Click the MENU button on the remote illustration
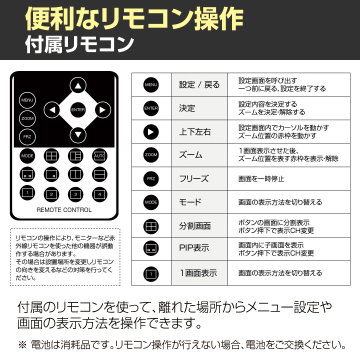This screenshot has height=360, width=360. click(x=27, y=100)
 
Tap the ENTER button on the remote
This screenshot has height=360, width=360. click(x=78, y=109)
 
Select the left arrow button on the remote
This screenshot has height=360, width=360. click(x=52, y=110)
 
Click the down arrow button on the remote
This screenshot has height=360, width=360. click(x=78, y=135)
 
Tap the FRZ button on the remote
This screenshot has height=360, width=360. click(x=27, y=137)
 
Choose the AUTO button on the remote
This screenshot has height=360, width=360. click(x=99, y=156)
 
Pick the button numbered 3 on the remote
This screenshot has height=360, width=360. click(x=75, y=194)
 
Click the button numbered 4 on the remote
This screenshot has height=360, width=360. click(x=99, y=194)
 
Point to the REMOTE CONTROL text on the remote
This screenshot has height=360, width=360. click(x=64, y=210)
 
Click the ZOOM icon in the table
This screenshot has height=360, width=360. click(x=151, y=155)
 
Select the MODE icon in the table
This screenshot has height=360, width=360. click(x=151, y=202)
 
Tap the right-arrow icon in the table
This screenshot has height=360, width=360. click(x=151, y=132)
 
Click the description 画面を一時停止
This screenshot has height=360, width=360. click(x=261, y=178)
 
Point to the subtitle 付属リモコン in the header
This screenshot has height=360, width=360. click(x=79, y=44)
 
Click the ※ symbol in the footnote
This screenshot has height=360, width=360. click(x=22, y=345)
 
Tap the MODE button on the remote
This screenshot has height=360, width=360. click(x=27, y=156)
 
